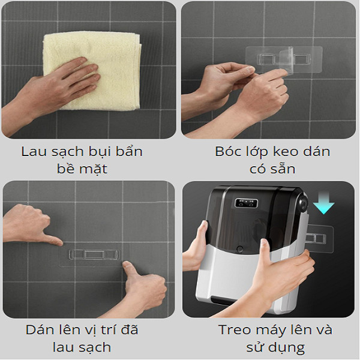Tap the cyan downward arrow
pos(324,203)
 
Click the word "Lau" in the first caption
pos(33,152)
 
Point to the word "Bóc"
pos(227,152)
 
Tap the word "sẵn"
pos(284,169)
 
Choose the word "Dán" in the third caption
pos(38,329)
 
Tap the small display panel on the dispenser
pos(246,203)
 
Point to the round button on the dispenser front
pos(240,248)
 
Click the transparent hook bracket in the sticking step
pos(94,255)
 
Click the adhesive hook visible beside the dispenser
pos(320,239)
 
